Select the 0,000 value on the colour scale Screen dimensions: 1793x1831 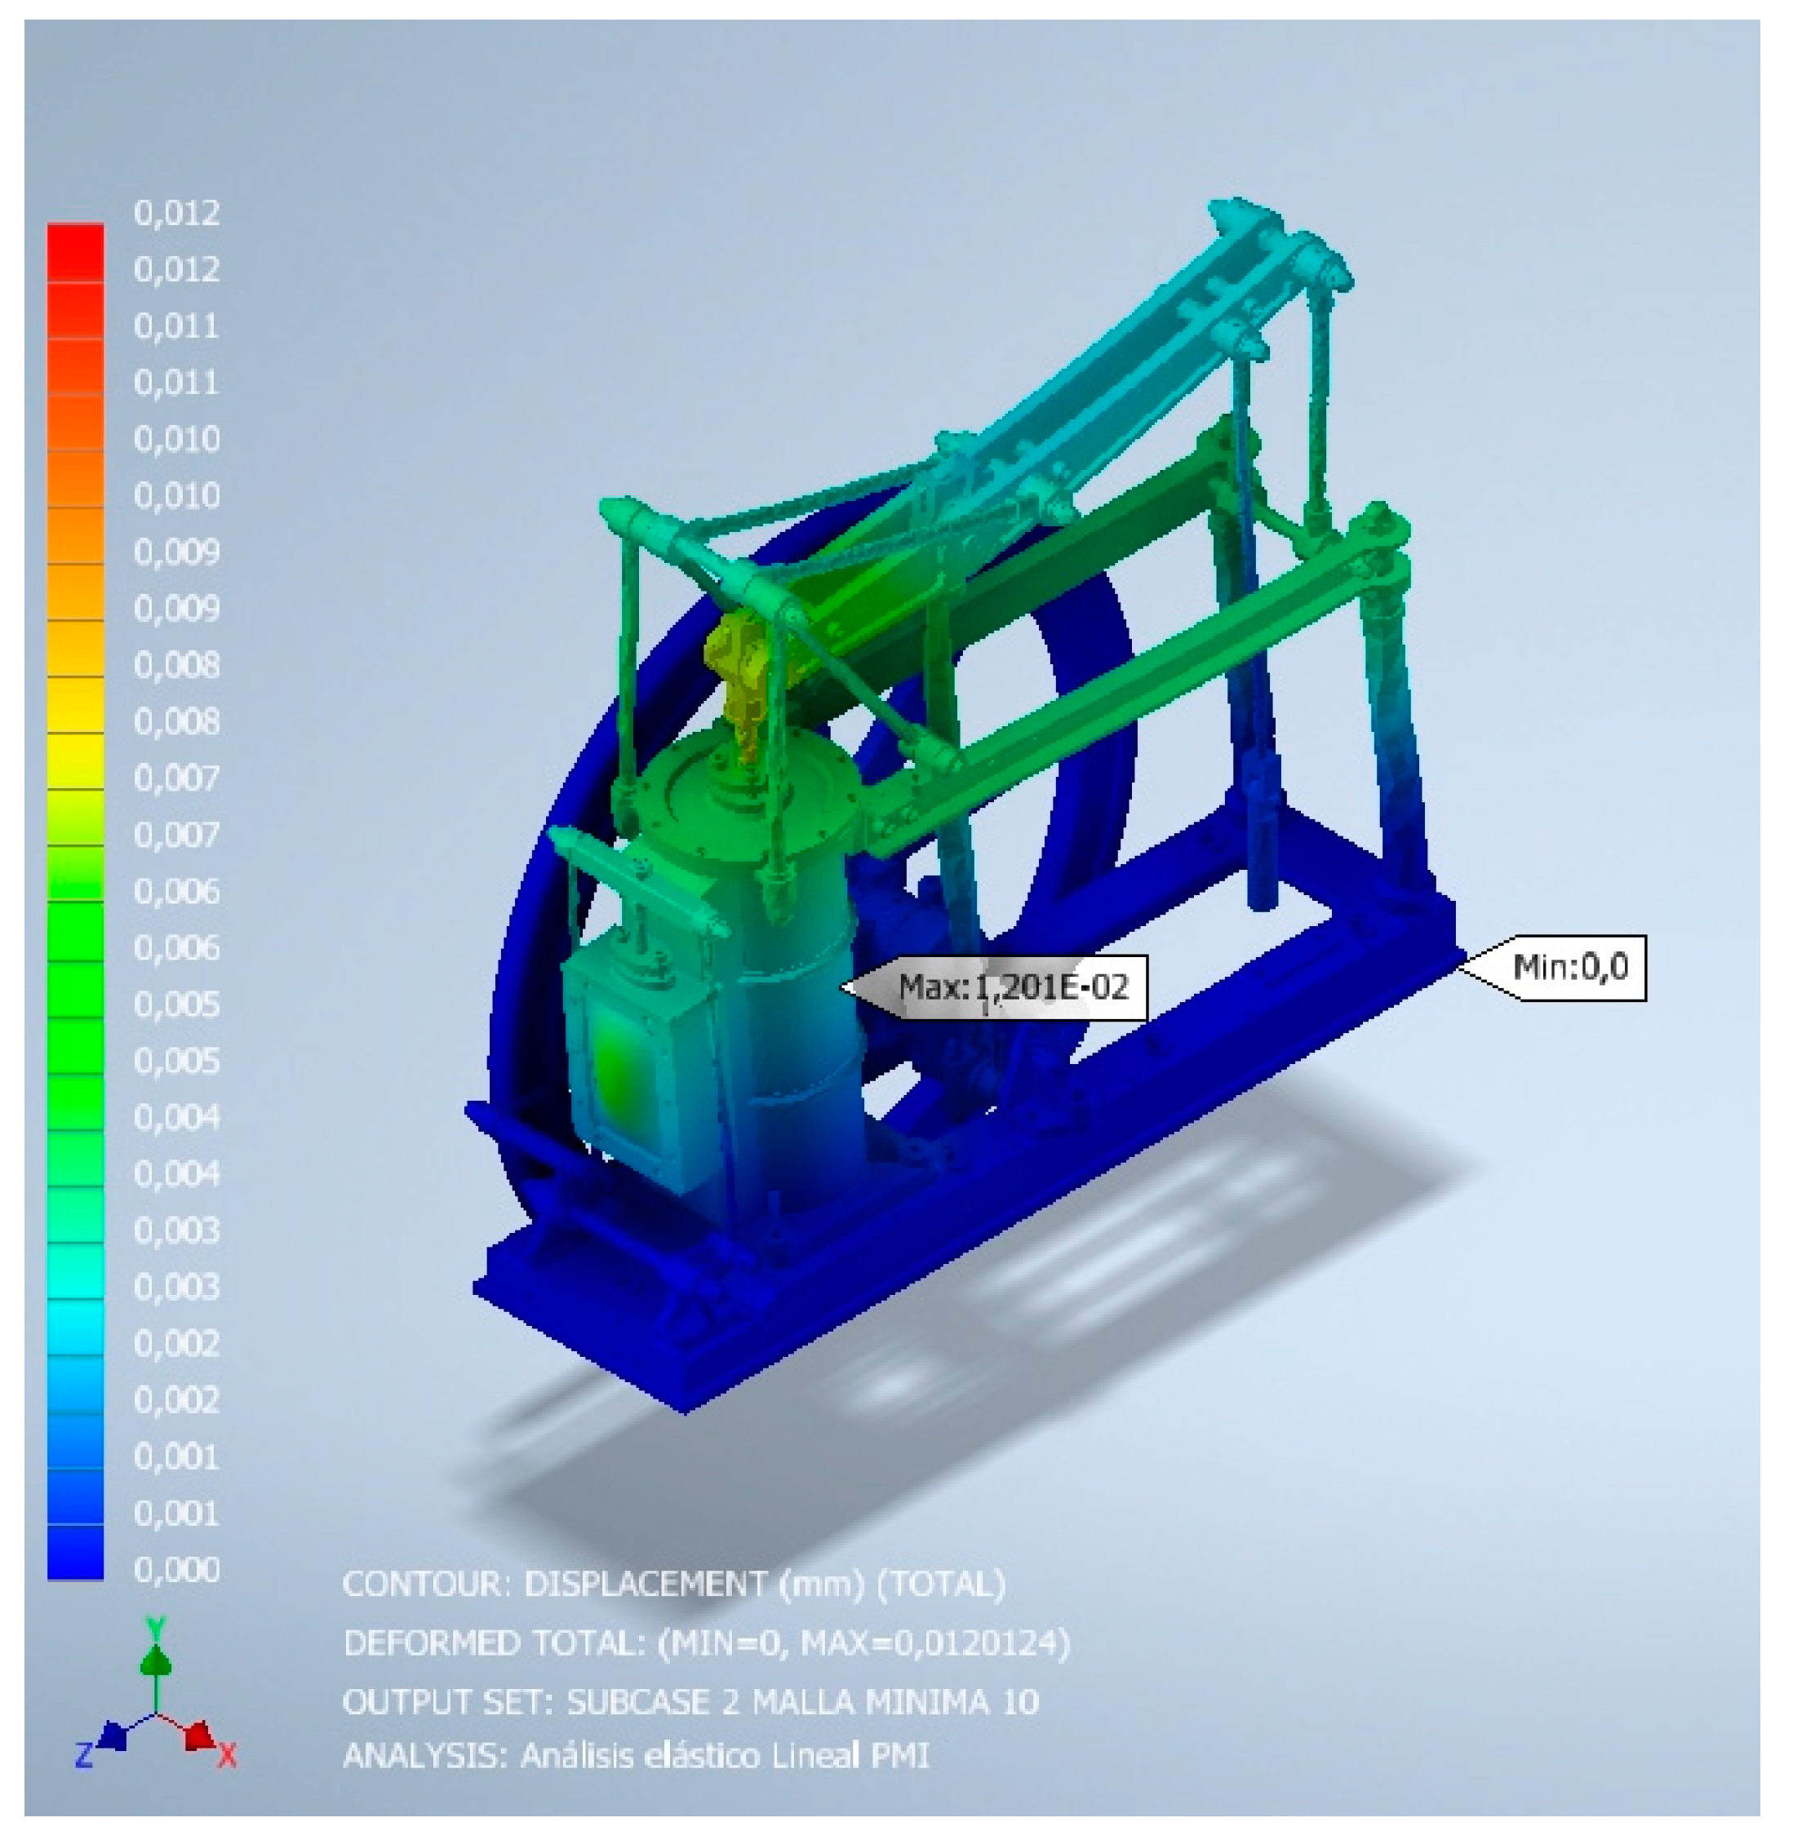(x=177, y=1569)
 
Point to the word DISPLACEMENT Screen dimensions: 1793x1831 (x=645, y=1585)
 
